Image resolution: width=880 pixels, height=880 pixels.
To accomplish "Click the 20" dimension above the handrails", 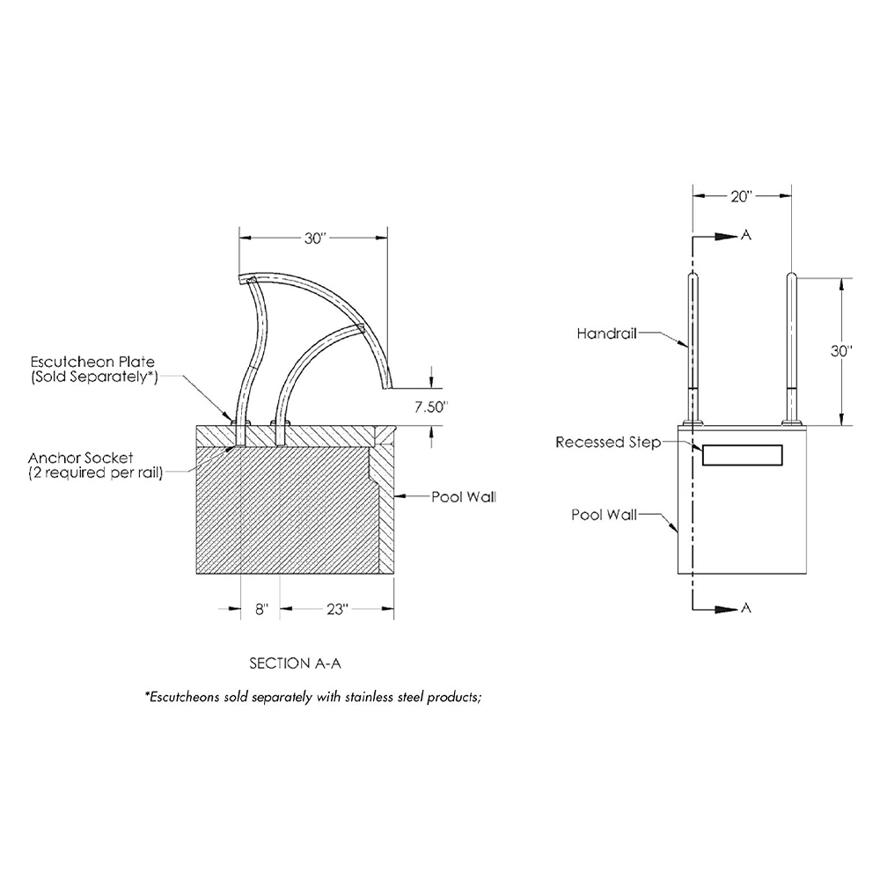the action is pyautogui.click(x=741, y=196).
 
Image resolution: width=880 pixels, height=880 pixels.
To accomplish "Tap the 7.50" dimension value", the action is pyautogui.click(x=431, y=407).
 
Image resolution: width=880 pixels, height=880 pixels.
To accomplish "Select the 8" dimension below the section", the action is pyautogui.click(x=261, y=610).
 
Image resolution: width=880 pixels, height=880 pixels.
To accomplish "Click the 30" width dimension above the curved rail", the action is pyautogui.click(x=315, y=238).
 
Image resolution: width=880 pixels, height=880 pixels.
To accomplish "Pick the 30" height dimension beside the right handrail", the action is pyautogui.click(x=841, y=351).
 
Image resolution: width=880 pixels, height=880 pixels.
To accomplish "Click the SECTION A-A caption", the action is pyautogui.click(x=295, y=664).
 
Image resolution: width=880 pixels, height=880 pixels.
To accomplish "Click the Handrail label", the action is pyautogui.click(x=606, y=334).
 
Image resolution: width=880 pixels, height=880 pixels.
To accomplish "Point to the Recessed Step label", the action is pyautogui.click(x=608, y=443).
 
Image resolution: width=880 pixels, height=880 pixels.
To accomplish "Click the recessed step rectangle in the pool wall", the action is pyautogui.click(x=743, y=455).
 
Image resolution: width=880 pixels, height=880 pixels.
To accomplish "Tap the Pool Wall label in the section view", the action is pyautogui.click(x=464, y=497).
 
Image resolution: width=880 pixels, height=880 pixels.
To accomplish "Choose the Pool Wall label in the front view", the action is pyautogui.click(x=604, y=515).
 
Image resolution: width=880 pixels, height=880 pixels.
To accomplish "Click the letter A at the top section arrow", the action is pyautogui.click(x=746, y=235).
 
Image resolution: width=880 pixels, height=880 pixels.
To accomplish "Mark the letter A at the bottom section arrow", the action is pyautogui.click(x=746, y=608).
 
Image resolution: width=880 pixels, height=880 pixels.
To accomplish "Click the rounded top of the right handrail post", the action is pyautogui.click(x=791, y=276).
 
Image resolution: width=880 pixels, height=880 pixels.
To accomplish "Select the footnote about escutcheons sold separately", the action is pyautogui.click(x=313, y=697).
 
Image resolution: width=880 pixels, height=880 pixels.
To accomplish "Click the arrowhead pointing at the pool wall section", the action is pyautogui.click(x=400, y=496).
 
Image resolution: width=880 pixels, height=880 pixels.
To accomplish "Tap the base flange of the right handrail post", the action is pyautogui.click(x=791, y=422).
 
